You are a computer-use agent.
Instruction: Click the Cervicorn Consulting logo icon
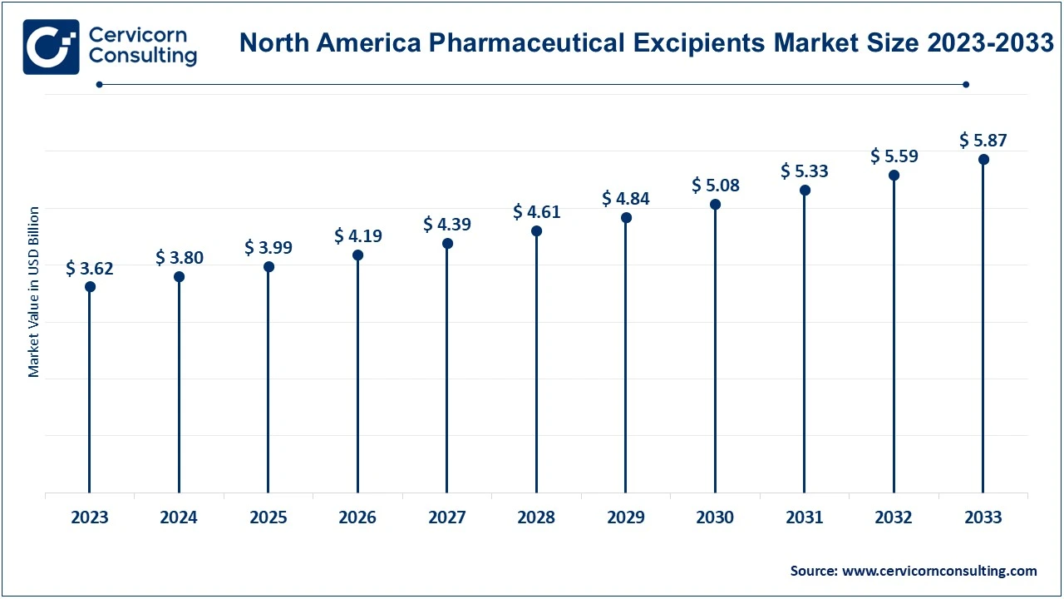click(x=52, y=47)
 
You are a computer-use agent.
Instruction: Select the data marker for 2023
click(x=90, y=286)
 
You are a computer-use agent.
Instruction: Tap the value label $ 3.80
click(x=179, y=258)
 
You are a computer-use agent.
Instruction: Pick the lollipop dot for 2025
click(x=268, y=266)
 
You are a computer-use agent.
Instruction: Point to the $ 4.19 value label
click(x=358, y=236)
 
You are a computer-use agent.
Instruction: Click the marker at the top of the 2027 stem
click(x=447, y=243)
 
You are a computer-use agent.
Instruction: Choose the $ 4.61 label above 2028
click(x=536, y=212)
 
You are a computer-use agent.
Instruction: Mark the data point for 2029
click(x=626, y=217)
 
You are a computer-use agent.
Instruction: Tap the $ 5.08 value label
click(x=715, y=186)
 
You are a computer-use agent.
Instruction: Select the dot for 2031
click(x=805, y=190)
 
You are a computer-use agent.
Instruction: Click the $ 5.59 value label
click(x=894, y=156)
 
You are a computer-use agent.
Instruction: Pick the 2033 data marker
click(x=983, y=159)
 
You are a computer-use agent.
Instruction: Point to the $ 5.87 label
click(x=983, y=140)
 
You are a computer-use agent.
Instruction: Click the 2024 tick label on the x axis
click(x=179, y=517)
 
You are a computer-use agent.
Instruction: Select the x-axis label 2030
click(x=715, y=517)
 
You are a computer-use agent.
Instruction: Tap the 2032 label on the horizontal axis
click(x=894, y=517)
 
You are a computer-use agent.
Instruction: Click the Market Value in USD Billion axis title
click(x=34, y=291)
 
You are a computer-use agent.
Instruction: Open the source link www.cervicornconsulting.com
click(x=939, y=571)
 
